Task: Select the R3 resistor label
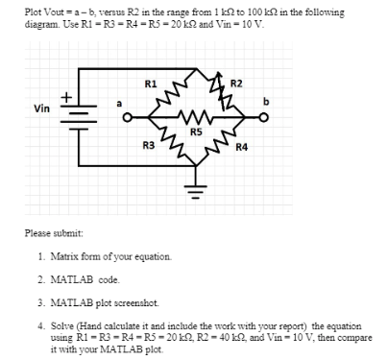click(149, 144)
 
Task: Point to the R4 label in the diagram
click(242, 146)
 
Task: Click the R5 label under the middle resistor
click(196, 132)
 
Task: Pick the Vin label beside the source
click(42, 108)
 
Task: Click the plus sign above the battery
click(65, 96)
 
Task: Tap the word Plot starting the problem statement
click(36, 9)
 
